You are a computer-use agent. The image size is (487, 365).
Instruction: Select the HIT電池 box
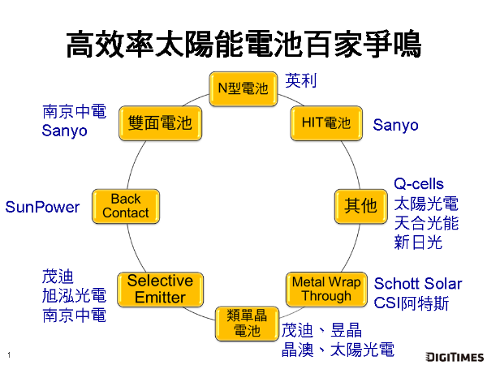pos(325,123)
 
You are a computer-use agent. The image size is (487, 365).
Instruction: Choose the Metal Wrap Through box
pos(325,289)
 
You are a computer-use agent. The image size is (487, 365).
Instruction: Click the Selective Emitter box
pos(160,289)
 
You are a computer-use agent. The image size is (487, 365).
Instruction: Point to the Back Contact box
pos(125,205)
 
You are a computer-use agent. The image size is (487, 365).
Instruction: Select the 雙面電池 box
pos(160,123)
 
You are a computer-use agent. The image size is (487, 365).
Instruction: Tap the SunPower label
pos(42,207)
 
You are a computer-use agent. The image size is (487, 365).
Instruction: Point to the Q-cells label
pos(419,184)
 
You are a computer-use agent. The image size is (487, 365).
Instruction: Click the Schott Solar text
pos(417,284)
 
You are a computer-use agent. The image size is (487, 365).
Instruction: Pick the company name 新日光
pos(418,243)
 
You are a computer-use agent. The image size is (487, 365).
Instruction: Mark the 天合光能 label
pos(426,223)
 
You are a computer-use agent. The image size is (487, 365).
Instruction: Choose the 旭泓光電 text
pos(74,296)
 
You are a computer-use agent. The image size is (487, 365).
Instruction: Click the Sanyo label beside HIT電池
pos(395,125)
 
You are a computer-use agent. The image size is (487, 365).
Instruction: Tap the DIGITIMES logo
pos(455,356)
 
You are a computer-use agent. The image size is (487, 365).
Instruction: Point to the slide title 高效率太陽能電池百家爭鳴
pos(243,44)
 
